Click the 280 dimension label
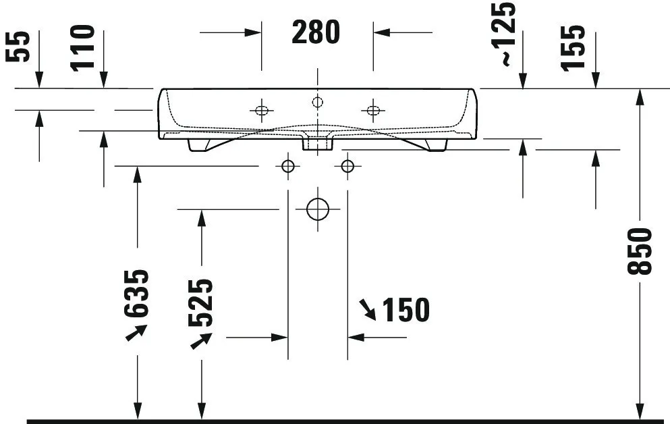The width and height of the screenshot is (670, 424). tap(316, 32)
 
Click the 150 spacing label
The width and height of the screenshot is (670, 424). tap(405, 310)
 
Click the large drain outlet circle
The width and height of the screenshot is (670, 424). tap(317, 209)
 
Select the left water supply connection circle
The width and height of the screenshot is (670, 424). tap(288, 166)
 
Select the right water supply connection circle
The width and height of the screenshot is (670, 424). tap(347, 166)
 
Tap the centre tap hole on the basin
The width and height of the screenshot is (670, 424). tap(318, 103)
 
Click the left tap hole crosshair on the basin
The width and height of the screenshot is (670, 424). tap(261, 110)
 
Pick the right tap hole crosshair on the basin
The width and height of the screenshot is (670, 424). tap(373, 110)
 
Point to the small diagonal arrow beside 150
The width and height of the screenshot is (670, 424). tap(368, 310)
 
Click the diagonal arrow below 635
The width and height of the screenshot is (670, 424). tap(136, 333)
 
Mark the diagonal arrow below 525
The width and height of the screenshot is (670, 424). tap(200, 340)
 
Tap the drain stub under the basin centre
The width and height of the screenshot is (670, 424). tap(317, 142)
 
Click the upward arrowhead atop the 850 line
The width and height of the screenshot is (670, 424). tap(640, 97)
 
